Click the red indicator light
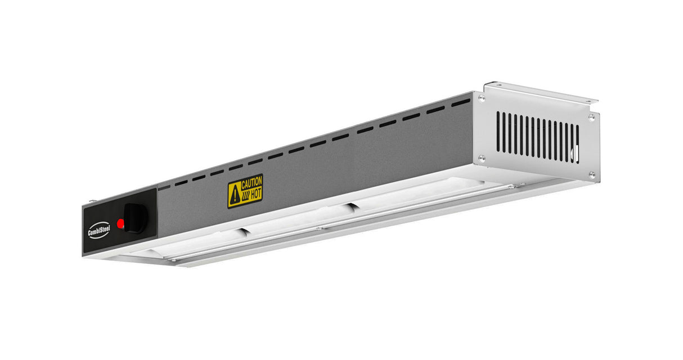[120, 224]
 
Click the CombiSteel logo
[99, 230]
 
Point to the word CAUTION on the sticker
[251, 183]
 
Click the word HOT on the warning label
[256, 193]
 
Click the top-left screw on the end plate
[482, 97]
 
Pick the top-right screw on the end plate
[591, 118]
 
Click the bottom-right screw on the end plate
[592, 175]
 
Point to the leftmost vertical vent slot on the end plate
[498, 132]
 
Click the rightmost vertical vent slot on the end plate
[577, 144]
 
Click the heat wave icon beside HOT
[245, 197]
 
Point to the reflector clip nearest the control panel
[243, 231]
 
